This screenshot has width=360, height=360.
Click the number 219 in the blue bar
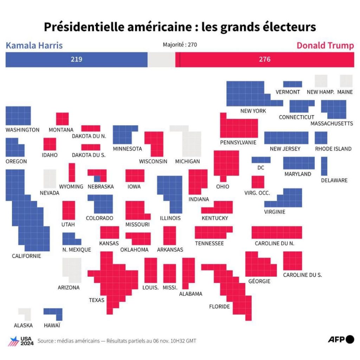click(x=76, y=59)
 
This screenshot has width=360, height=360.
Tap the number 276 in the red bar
click(x=265, y=59)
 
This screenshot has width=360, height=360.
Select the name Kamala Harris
click(x=34, y=45)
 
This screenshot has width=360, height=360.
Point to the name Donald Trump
click(x=325, y=45)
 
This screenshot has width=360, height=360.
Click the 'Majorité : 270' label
click(x=180, y=45)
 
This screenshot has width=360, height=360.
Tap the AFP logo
click(x=341, y=339)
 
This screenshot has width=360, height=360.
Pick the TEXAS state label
click(x=96, y=300)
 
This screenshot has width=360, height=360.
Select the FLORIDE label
click(x=219, y=306)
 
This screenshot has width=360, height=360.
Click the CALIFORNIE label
click(x=26, y=256)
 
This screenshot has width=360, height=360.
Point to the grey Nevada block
click(x=50, y=179)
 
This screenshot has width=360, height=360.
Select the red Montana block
click(x=62, y=119)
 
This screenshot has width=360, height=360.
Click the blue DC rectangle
click(x=261, y=160)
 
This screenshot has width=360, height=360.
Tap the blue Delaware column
click(x=324, y=166)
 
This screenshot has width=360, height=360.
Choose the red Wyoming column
click(x=72, y=172)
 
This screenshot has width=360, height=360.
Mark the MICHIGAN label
click(x=187, y=161)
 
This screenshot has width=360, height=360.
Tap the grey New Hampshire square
click(x=321, y=81)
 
